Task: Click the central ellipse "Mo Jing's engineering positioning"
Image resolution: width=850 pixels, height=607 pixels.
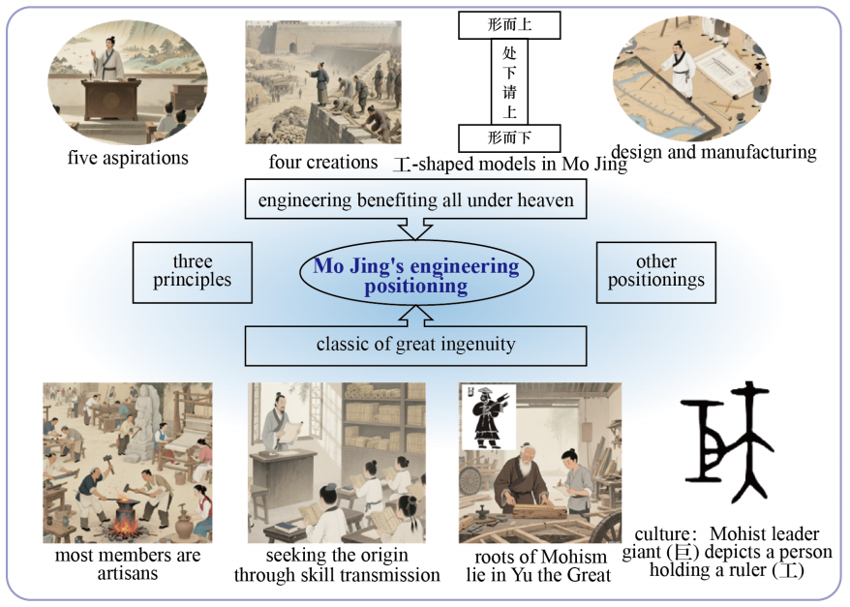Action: point(416,274)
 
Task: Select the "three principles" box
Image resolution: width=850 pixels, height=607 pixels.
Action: point(193,272)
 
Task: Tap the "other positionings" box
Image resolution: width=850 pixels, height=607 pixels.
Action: point(656,272)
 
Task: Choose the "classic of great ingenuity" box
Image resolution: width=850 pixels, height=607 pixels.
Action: point(415,346)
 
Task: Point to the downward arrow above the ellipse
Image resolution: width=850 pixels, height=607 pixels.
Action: point(415,228)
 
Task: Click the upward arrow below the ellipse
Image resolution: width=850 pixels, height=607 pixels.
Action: point(415,316)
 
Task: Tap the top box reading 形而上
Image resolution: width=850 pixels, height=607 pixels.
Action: point(509,25)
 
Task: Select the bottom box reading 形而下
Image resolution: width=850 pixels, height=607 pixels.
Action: point(509,138)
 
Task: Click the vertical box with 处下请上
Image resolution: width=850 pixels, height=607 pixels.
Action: point(509,82)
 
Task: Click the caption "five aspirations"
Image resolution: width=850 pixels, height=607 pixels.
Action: point(128,158)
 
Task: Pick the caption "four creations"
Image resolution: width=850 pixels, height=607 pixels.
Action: point(323,162)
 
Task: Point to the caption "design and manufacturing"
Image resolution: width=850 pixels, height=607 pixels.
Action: point(713,152)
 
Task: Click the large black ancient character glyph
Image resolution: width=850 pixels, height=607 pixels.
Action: point(727,441)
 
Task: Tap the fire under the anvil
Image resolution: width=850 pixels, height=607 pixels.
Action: point(125,524)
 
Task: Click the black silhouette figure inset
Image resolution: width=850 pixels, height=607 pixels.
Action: point(487,417)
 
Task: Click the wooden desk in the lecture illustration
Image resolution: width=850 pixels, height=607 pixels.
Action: point(112,100)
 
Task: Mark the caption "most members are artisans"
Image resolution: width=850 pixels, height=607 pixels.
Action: point(128,564)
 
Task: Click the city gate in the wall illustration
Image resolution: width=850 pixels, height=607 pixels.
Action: point(293,46)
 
